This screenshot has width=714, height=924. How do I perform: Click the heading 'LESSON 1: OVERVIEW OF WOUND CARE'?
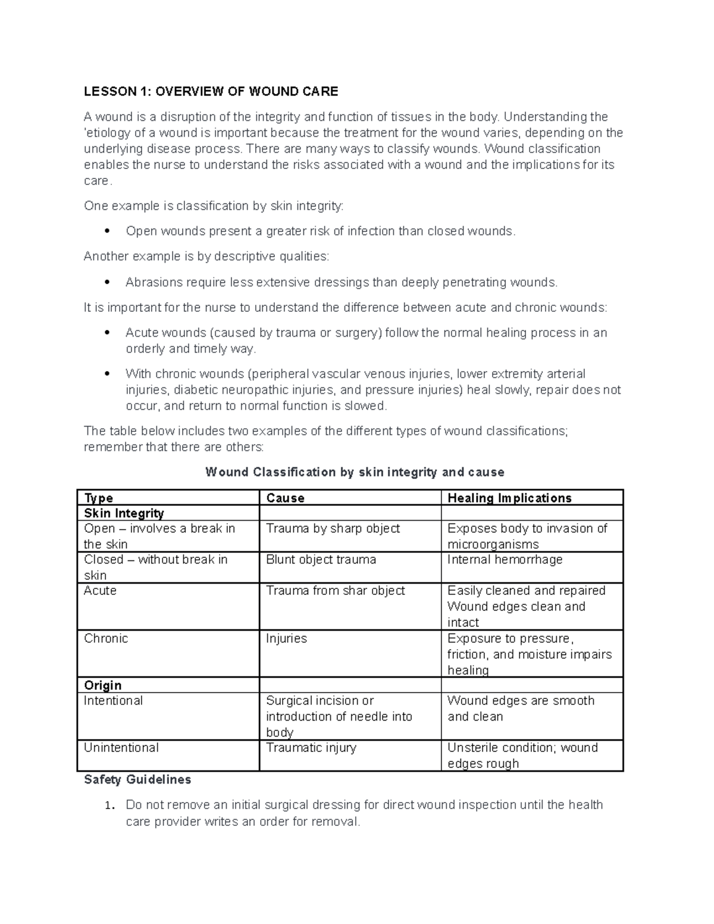pos(211,91)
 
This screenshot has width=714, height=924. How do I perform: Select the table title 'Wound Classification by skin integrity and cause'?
pos(355,472)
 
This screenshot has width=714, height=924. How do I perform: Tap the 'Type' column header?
pos(99,498)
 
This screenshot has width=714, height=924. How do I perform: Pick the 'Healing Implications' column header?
pos(509,498)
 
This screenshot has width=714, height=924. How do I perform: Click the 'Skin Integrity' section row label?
pos(124,513)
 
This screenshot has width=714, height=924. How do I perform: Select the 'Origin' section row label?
pos(102,685)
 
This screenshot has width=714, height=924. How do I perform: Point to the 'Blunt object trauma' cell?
pos(321,560)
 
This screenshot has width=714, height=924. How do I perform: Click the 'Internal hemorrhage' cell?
pos(505,560)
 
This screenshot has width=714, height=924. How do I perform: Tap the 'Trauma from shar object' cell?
pos(335,591)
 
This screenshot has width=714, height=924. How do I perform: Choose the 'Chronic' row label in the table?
pos(106,638)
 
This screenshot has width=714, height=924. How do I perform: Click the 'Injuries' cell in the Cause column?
pos(286,638)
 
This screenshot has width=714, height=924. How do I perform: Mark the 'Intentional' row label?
pos(113,701)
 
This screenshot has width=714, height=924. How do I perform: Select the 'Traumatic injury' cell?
pos(311,748)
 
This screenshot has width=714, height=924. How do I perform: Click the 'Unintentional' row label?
pos(121,748)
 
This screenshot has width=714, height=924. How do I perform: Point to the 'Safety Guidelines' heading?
pos(137,779)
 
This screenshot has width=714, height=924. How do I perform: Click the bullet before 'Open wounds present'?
pos(107,231)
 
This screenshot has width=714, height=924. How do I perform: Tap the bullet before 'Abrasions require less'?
pos(107,282)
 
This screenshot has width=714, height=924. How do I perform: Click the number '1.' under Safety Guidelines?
pos(108,806)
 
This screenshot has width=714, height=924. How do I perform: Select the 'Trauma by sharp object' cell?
pos(333,529)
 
